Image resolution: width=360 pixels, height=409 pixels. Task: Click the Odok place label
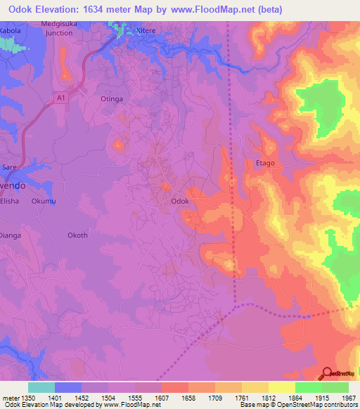pos(180,200)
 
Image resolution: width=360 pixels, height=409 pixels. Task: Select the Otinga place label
pos(112,99)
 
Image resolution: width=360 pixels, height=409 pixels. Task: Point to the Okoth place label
pos(77,235)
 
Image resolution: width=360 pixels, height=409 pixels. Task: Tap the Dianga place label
pos(10,235)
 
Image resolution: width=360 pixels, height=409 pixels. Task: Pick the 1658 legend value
pos(188,398)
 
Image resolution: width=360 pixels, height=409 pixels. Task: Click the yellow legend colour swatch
pos(281,387)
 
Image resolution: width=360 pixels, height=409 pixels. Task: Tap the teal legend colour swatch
pos(41,387)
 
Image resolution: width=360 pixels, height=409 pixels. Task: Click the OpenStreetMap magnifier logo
pos(327,372)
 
